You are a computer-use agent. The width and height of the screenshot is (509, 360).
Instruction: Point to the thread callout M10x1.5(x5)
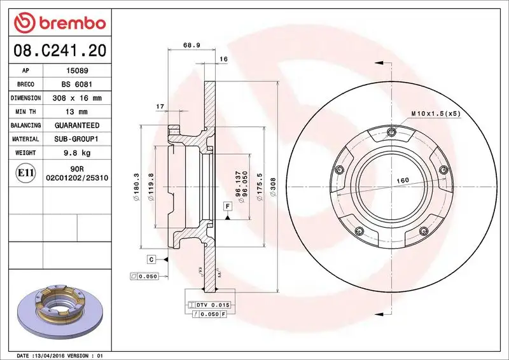(x=435, y=113)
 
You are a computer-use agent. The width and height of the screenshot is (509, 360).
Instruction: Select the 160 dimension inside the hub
(x=403, y=181)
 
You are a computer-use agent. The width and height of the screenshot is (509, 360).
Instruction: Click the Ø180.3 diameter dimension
(x=136, y=188)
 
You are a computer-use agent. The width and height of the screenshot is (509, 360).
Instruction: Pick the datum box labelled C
(x=151, y=258)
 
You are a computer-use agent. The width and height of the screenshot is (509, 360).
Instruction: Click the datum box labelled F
(x=226, y=206)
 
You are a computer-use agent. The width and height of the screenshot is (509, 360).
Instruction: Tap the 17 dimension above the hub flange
(x=160, y=106)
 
